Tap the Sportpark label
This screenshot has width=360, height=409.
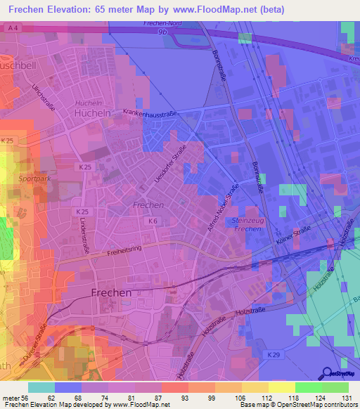tap(35, 178)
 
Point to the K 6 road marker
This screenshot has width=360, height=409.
tap(153, 221)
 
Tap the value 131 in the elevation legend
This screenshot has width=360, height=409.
tap(346, 398)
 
